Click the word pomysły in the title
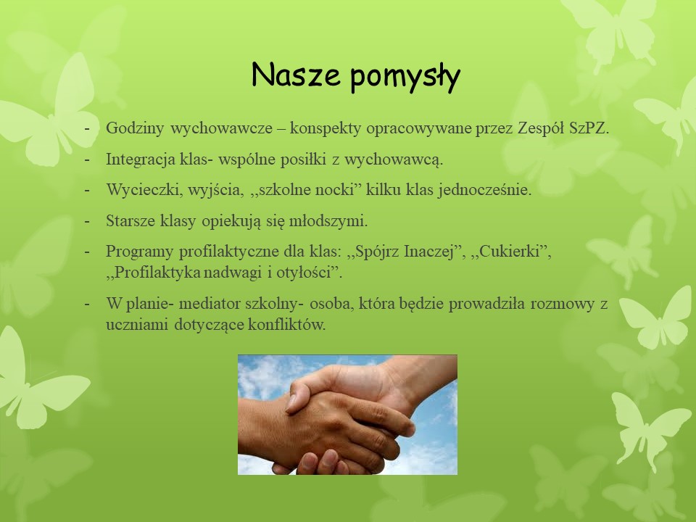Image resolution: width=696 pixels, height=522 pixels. pos(405,76)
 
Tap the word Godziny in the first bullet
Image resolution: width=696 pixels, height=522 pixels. pos(135,129)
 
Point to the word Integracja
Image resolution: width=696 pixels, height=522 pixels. pos(141,159)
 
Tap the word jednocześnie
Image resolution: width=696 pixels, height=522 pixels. pos(485,191)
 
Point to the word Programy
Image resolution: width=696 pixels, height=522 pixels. pos(139,252)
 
